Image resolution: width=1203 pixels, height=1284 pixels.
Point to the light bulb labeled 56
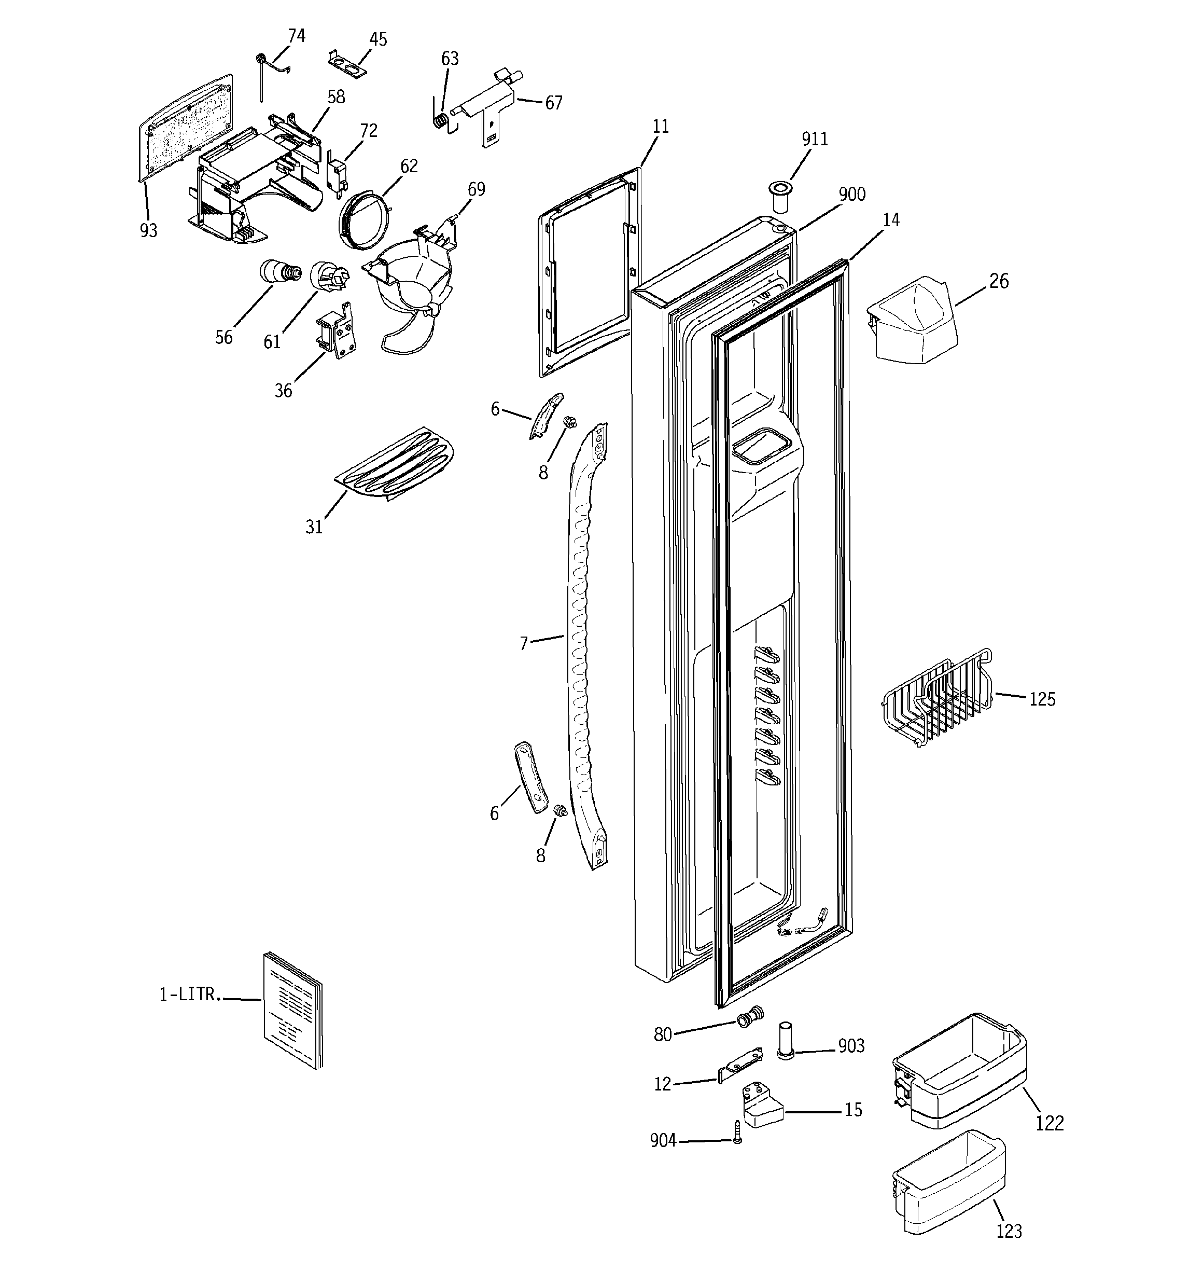pyautogui.click(x=279, y=271)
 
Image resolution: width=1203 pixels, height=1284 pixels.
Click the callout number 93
pyautogui.click(x=148, y=230)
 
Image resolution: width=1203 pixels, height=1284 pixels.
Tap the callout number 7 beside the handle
pyautogui.click(x=524, y=643)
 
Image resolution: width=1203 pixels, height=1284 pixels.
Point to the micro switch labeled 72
pyautogui.click(x=335, y=172)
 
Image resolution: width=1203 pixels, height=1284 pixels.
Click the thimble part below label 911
pyautogui.click(x=779, y=197)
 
